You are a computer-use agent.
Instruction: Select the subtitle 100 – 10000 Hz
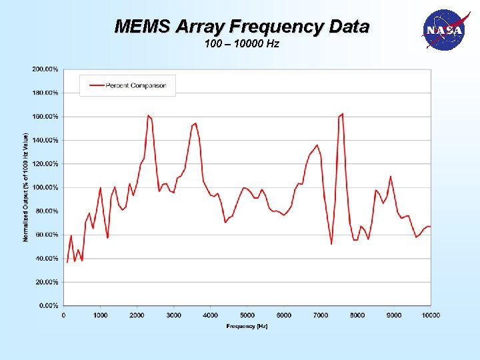tap(241, 44)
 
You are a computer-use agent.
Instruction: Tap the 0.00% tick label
tap(47, 305)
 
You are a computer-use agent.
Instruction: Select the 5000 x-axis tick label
tap(247, 315)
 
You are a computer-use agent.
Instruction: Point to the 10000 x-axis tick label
tap(431, 315)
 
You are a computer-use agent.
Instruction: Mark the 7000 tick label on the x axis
tap(321, 315)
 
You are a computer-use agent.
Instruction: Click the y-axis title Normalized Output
tap(26, 187)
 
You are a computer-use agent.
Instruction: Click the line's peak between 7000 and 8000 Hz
tap(342, 114)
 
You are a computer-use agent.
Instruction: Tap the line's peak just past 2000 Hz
tap(149, 116)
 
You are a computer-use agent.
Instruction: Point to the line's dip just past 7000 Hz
tap(331, 243)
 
